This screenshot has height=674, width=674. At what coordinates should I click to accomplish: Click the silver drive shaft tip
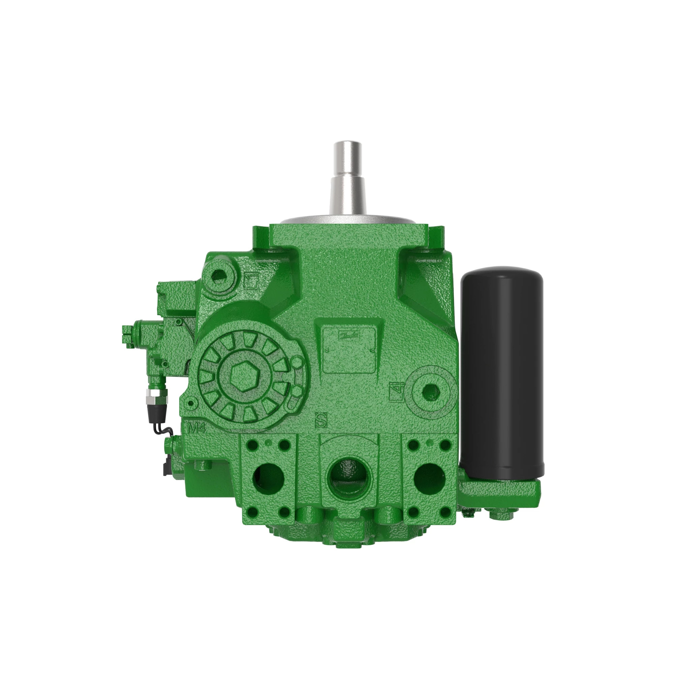(347, 150)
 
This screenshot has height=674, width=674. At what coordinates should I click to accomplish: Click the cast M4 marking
(196, 429)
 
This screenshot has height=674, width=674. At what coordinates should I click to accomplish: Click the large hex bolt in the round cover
(243, 378)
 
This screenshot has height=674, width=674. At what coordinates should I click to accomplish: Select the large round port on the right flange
(429, 478)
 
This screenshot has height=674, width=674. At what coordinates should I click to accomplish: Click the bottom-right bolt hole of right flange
(446, 512)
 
